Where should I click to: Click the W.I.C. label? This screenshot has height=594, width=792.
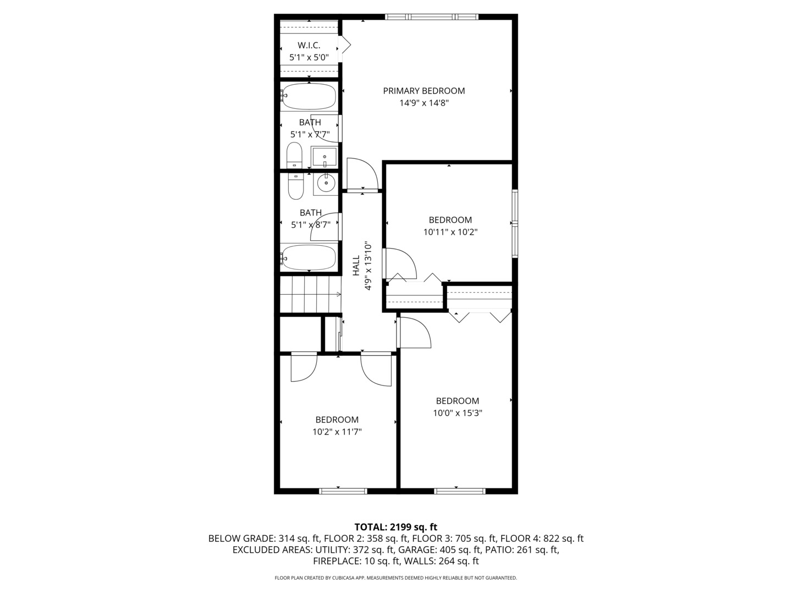(309, 45)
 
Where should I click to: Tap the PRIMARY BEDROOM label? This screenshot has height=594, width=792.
(424, 91)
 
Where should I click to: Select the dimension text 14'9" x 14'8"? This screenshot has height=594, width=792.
(424, 103)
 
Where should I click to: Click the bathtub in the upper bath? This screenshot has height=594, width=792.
(309, 97)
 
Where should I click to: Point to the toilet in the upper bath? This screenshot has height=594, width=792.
(294, 155)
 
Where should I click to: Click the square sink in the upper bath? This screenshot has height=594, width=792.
(324, 157)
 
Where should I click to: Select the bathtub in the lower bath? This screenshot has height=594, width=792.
(309, 257)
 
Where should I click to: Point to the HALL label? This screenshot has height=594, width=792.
(356, 266)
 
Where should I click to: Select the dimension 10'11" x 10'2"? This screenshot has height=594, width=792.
(450, 232)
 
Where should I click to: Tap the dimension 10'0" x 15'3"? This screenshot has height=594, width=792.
(457, 413)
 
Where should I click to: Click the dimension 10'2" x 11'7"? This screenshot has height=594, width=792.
(337, 432)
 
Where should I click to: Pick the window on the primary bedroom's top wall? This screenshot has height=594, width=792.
(431, 17)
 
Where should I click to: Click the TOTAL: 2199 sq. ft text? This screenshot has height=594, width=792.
(395, 527)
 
